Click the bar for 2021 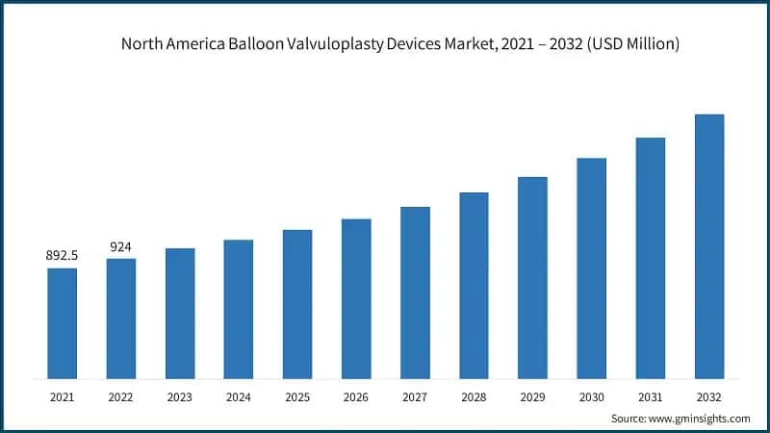63,322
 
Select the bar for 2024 239,308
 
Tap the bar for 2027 415,292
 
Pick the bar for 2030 591,267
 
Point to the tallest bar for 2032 708,245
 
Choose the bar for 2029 532,277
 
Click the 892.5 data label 63,256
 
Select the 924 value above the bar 121,247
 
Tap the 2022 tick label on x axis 121,395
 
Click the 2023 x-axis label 180,395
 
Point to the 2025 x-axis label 297,395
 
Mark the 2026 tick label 356,395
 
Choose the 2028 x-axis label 474,395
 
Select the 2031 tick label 650,395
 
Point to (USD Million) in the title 630,44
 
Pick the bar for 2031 650,257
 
